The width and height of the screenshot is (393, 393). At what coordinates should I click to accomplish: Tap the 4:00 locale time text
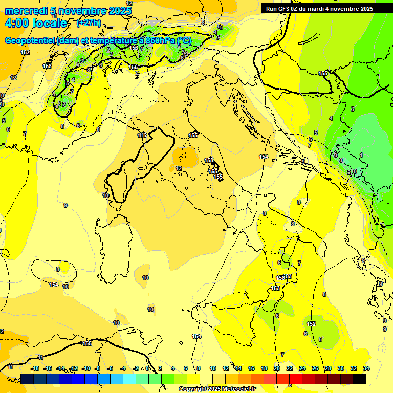pyautogui.click(x=36, y=23)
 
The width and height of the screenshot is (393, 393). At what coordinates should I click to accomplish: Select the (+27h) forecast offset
pyautogui.click(x=89, y=23)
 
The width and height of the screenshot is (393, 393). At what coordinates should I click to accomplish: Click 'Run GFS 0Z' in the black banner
pyautogui.click(x=282, y=9)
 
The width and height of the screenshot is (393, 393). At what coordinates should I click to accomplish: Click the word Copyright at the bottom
pyautogui.click(x=192, y=389)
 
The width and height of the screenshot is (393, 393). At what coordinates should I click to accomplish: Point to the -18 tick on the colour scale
pyautogui.click(x=35, y=368)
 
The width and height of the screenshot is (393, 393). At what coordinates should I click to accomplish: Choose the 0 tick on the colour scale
pyautogui.click(x=147, y=368)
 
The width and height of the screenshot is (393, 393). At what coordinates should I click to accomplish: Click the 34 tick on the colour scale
pyautogui.click(x=366, y=368)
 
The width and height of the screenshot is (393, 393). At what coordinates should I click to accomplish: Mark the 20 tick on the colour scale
pyautogui.click(x=277, y=368)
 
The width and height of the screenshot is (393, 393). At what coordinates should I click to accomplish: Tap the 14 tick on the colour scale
pyautogui.click(x=238, y=368)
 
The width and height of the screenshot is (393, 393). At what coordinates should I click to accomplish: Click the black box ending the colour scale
pyautogui.click(x=360, y=379)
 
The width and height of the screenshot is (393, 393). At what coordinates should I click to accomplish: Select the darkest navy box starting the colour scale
pyautogui.click(x=28, y=379)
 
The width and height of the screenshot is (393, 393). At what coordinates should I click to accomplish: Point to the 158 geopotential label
pyautogui.click(x=209, y=160)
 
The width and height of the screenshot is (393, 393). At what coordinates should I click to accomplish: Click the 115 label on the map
pyautogui.click(x=142, y=135)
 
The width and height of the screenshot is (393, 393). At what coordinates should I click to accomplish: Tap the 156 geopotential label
pyautogui.click(x=134, y=48)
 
